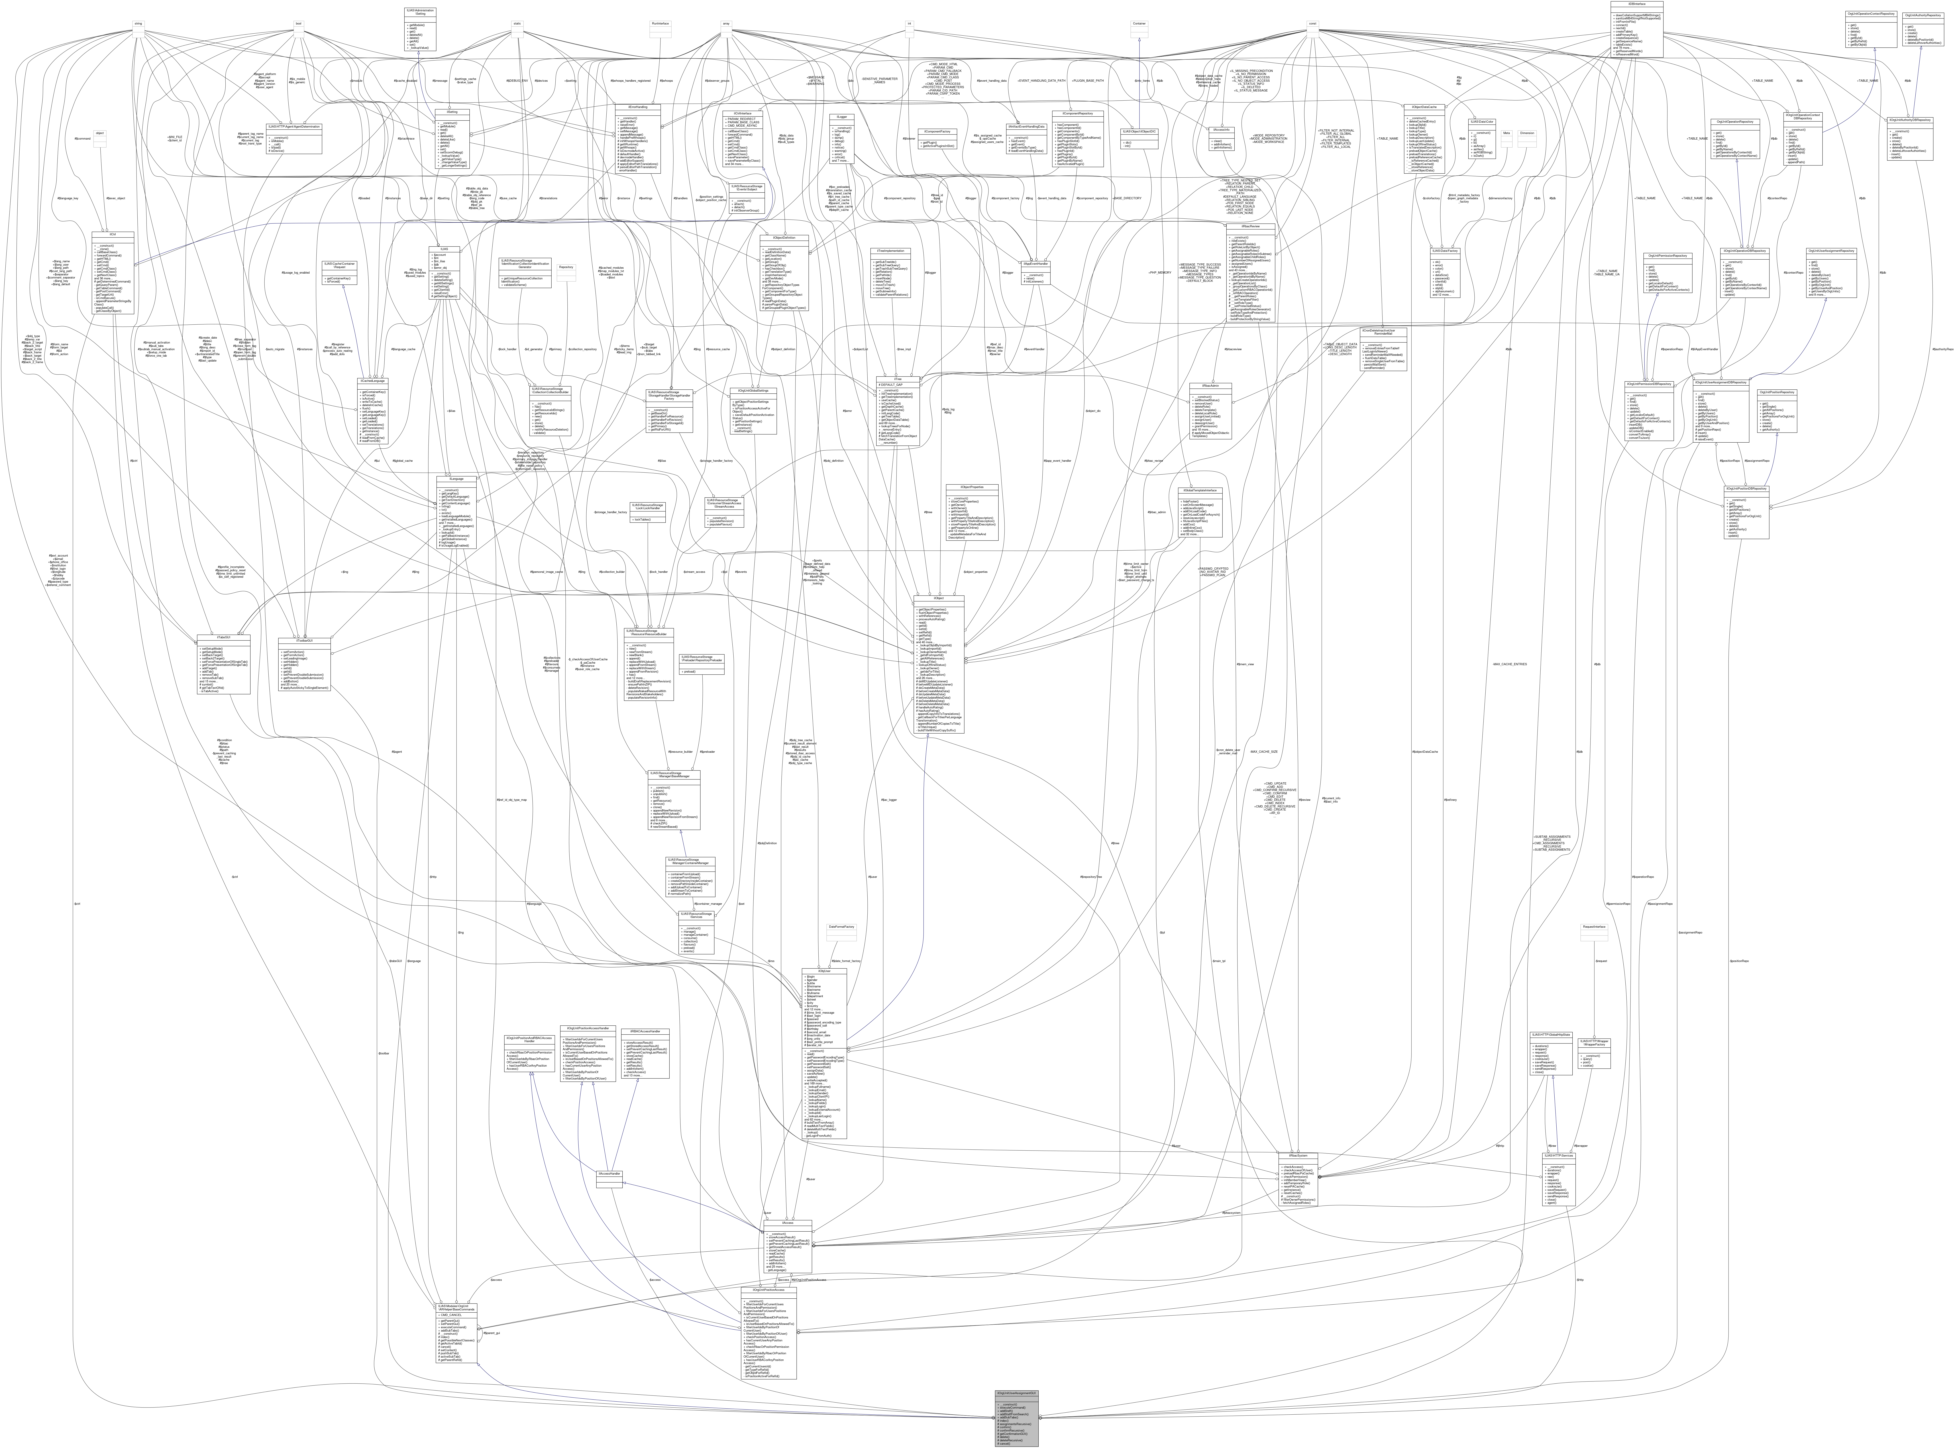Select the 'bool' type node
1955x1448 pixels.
[299, 24]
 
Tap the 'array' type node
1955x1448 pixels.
[726, 24]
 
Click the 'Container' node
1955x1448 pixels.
[1139, 24]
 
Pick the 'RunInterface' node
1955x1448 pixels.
[659, 24]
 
